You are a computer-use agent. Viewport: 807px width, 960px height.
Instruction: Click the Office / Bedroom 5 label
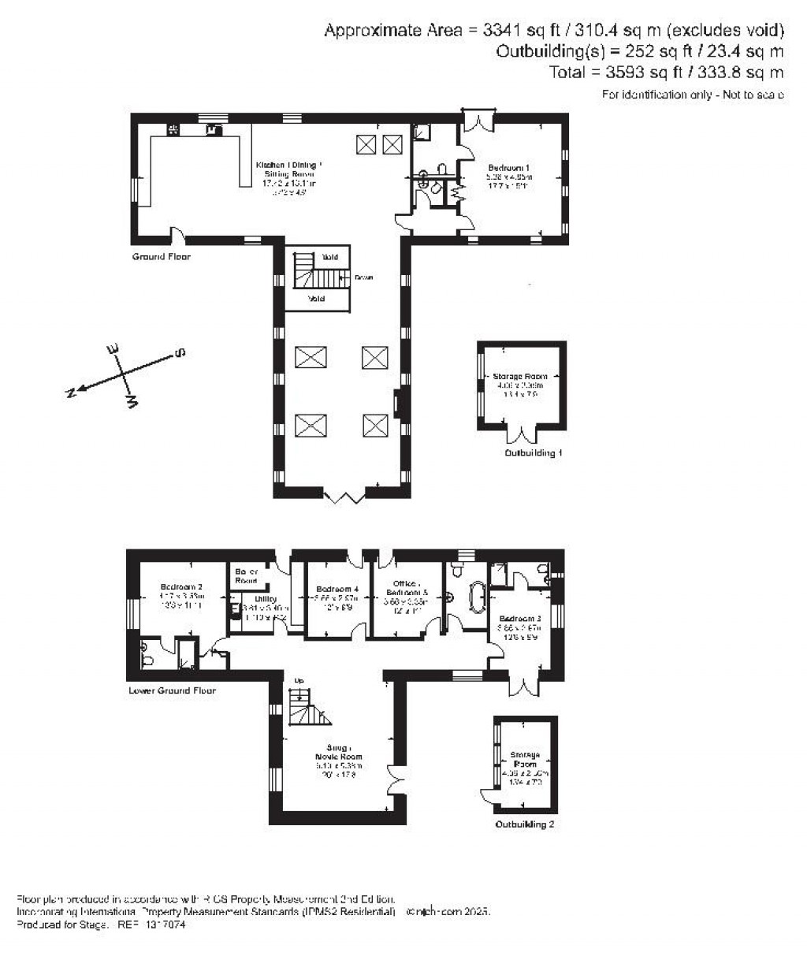[x=406, y=588]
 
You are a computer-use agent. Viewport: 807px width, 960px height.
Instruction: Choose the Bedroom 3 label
[x=519, y=619]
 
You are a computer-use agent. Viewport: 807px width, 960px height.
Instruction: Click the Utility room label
[x=266, y=599]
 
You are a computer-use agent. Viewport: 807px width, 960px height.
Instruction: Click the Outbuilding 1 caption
[x=534, y=454]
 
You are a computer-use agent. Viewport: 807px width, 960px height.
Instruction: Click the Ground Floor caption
[x=162, y=257]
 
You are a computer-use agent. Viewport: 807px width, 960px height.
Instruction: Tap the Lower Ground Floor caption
[x=172, y=690]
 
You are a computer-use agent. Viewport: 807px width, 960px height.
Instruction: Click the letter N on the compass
[x=71, y=393]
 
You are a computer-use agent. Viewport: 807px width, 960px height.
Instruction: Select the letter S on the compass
[x=180, y=352]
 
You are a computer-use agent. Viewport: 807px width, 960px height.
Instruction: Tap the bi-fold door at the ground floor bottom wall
[x=344, y=496]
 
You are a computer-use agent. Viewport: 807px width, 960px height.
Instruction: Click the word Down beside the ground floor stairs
[x=363, y=277]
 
